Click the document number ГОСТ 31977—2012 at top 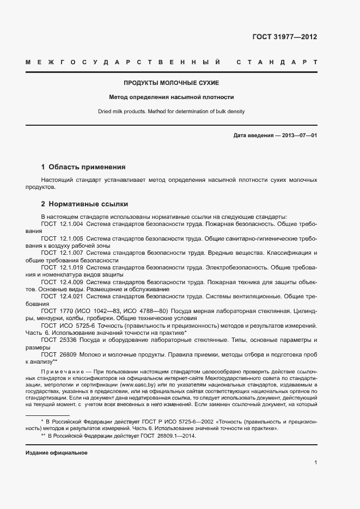[284, 38]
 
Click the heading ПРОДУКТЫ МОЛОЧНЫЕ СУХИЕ [171, 83]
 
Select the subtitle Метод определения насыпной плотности [171, 97]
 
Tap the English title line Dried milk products [171, 112]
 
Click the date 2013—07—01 [299, 135]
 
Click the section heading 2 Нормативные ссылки [84, 204]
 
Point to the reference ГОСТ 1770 [57, 310]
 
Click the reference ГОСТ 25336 [59, 340]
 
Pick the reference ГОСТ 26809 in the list [59, 354]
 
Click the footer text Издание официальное [57, 453]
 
